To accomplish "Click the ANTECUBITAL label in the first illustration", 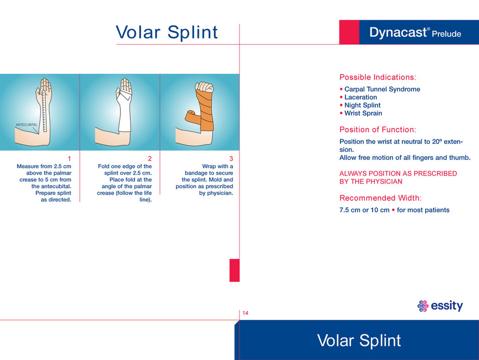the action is (26, 125).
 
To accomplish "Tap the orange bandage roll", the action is (193, 117).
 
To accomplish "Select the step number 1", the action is (70, 159).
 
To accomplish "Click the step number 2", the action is (149, 159).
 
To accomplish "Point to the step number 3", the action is (231, 159).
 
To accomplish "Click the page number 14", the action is (245, 313).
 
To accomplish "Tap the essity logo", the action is (440, 305).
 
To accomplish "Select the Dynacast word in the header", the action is (398, 32).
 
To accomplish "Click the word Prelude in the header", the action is (446, 34).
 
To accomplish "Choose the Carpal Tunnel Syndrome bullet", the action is (380, 89).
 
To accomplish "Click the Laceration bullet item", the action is (358, 97).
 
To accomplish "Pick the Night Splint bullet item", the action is (360, 105).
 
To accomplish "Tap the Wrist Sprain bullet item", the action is (361, 113).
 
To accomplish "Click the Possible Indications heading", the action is (378, 77).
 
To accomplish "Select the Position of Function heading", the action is (378, 130).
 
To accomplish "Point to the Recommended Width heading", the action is (380, 198).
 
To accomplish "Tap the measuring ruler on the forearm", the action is (45, 111).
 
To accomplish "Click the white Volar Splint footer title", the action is (359, 340).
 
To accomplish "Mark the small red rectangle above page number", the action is (235, 270).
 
